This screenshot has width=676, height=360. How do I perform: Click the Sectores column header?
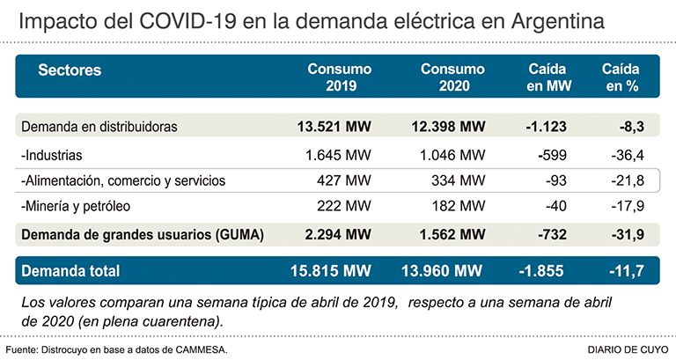(70, 70)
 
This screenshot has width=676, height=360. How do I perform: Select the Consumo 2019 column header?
(340, 77)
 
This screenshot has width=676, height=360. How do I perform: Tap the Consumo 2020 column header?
(453, 77)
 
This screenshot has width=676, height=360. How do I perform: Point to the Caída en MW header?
(549, 77)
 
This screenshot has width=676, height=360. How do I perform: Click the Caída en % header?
(621, 77)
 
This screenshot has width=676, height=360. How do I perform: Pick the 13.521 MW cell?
(334, 127)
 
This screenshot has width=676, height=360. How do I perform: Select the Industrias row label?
(51, 155)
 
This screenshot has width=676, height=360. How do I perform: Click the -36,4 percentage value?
(628, 155)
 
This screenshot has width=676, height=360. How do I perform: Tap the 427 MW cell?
(343, 180)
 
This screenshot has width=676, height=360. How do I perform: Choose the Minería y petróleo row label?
(76, 206)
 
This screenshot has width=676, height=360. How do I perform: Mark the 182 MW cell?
(459, 206)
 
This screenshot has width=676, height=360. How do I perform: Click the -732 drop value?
(552, 234)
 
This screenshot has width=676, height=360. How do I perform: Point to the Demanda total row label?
(70, 271)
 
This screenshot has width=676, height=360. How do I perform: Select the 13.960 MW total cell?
(442, 271)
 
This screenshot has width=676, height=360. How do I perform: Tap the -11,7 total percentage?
(627, 271)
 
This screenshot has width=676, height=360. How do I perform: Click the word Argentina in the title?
(558, 22)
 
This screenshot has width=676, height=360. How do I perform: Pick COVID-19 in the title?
(187, 21)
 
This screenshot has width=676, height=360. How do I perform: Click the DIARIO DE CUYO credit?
(628, 349)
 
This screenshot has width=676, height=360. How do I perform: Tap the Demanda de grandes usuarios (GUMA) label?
(143, 235)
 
